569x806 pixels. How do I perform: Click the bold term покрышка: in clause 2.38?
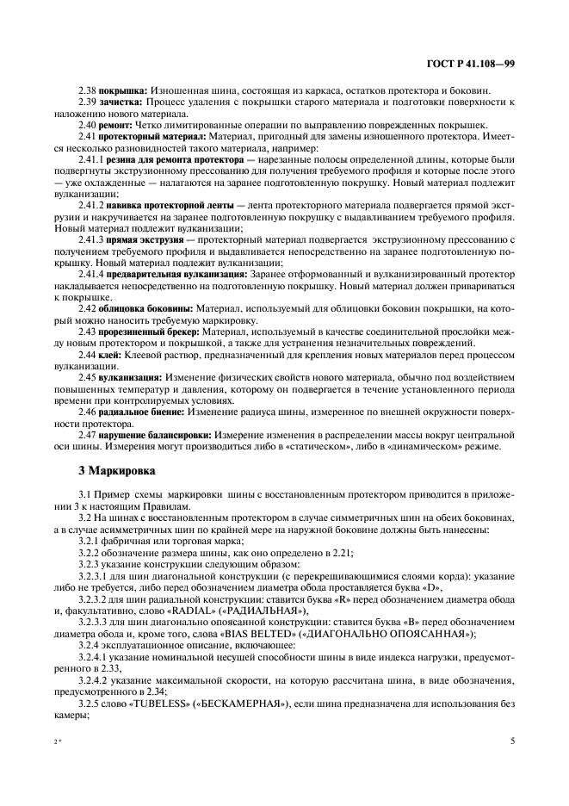pos(124,90)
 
